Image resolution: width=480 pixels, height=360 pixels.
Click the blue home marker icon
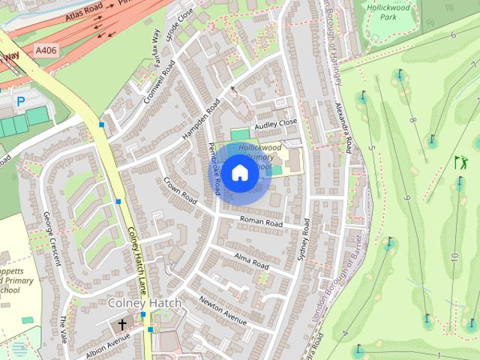[239, 173]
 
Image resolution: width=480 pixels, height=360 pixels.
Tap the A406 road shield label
[45, 50]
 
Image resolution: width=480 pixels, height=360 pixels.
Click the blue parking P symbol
[20, 100]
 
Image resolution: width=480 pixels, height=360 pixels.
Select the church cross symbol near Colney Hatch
[122, 325]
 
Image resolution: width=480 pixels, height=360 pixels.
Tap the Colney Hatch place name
[145, 303]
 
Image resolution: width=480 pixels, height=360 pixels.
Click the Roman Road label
[260, 223]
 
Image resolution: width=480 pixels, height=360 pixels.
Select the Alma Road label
[251, 262]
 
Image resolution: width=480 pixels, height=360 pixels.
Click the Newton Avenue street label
[223, 310]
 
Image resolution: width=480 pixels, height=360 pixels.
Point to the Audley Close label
[276, 124]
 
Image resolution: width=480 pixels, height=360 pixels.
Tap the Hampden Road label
[200, 120]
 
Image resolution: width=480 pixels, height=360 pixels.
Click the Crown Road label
[180, 190]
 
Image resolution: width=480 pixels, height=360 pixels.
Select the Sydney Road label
[304, 240]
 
